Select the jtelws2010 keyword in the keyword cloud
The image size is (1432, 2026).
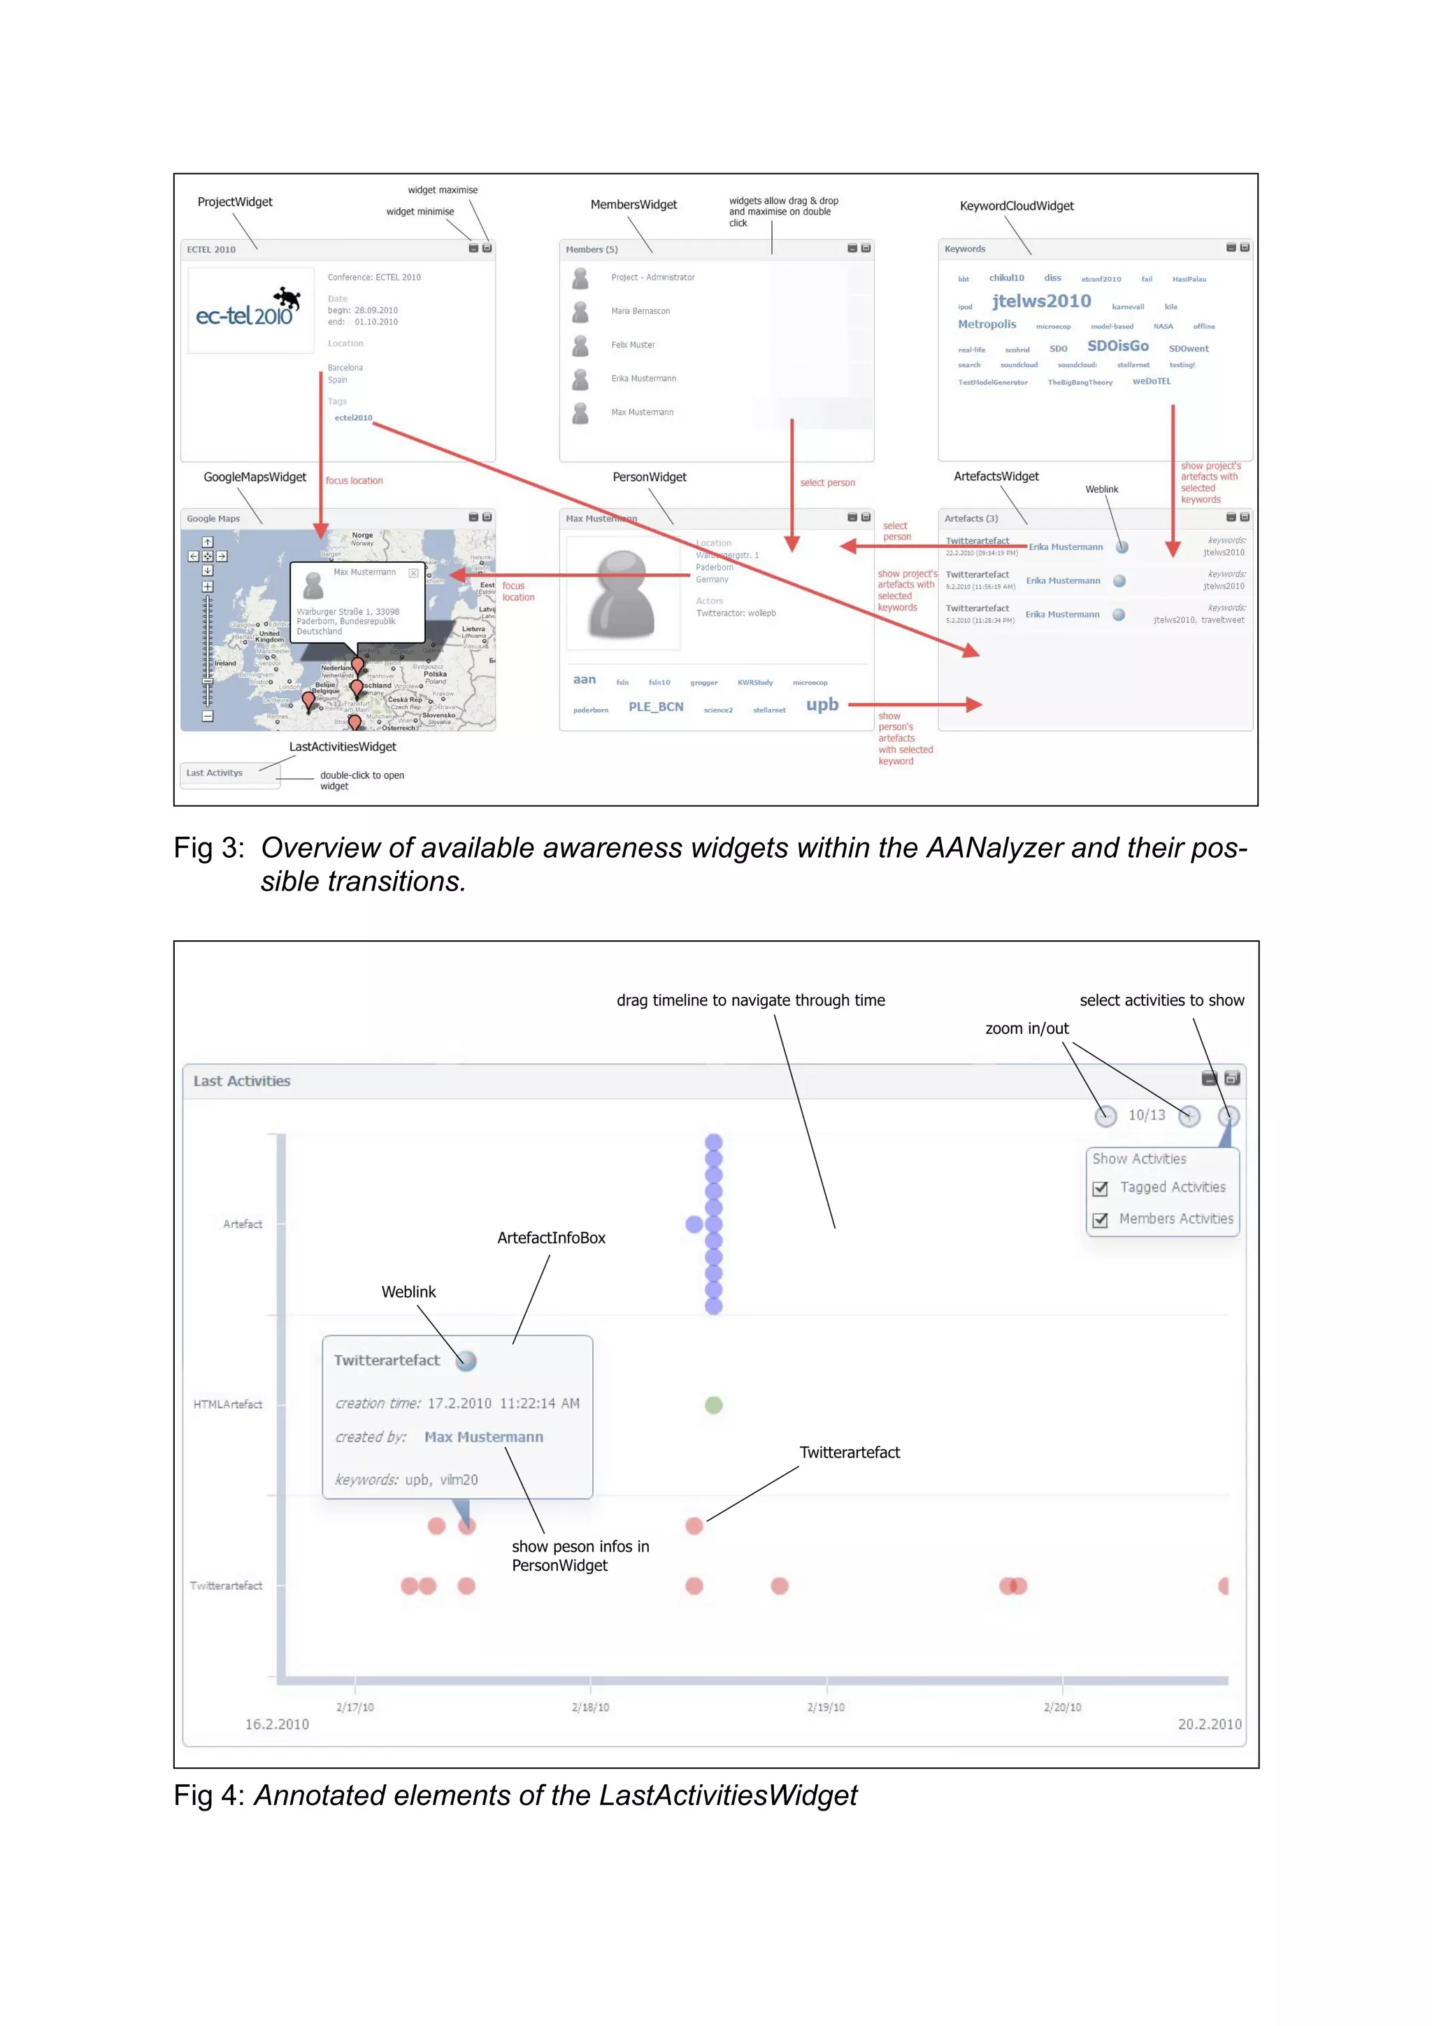tap(1041, 302)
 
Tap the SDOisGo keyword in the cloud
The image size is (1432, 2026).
tap(1117, 346)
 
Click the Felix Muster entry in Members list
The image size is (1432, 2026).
tap(633, 345)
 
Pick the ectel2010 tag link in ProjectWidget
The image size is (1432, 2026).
tap(353, 418)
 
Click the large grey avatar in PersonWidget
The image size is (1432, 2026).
tap(622, 593)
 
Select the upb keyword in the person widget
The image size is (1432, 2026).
tap(822, 705)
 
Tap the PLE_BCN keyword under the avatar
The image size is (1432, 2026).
tap(656, 707)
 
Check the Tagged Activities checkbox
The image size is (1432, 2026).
tap(1101, 1188)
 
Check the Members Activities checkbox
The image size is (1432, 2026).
tap(1101, 1221)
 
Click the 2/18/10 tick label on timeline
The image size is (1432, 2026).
tap(590, 1707)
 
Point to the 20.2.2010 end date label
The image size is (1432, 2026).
tap(1209, 1724)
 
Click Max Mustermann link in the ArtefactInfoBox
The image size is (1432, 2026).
tap(483, 1437)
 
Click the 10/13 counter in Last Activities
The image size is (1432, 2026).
tap(1146, 1115)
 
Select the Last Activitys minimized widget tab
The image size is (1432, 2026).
tap(215, 773)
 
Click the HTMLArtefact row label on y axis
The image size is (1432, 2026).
tap(228, 1404)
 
